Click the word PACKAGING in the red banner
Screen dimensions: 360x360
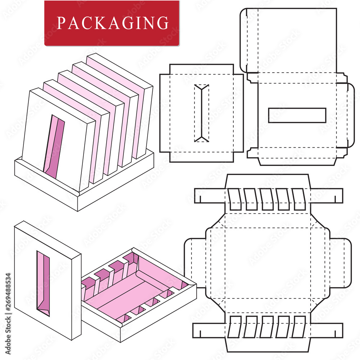tap(112, 23)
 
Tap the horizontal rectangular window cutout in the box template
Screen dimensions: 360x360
tap(297, 115)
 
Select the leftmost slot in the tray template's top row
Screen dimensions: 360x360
tap(235, 199)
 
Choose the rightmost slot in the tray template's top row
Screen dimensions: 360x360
tap(299, 199)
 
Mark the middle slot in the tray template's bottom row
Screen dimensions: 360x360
tap(267, 327)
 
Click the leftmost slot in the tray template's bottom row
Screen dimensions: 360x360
tap(234, 327)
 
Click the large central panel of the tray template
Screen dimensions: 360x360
tap(266, 263)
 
